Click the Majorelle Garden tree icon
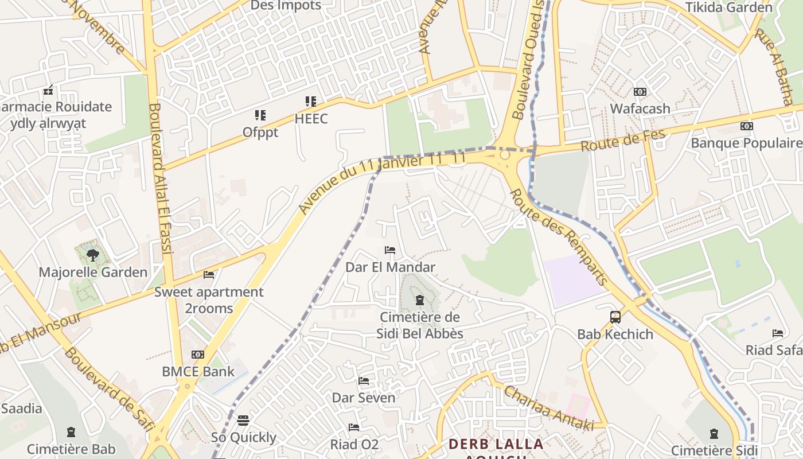pos(92,255)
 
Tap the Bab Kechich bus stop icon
pos(615,317)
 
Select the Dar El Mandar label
pos(390,267)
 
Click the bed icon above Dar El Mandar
pos(390,250)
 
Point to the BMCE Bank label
pos(198,371)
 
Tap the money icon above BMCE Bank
pos(198,355)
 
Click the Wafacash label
pos(640,108)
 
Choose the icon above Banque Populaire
pos(746,126)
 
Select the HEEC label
pos(311,119)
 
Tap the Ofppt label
pos(260,132)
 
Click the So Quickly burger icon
pos(243,421)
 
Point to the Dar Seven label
pos(364,398)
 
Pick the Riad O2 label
pos(354,444)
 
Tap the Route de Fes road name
pos(622,141)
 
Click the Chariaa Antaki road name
pos(548,408)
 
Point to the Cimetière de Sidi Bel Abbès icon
pos(420,300)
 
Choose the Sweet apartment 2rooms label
pos(209,300)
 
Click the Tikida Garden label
pos(729,7)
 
